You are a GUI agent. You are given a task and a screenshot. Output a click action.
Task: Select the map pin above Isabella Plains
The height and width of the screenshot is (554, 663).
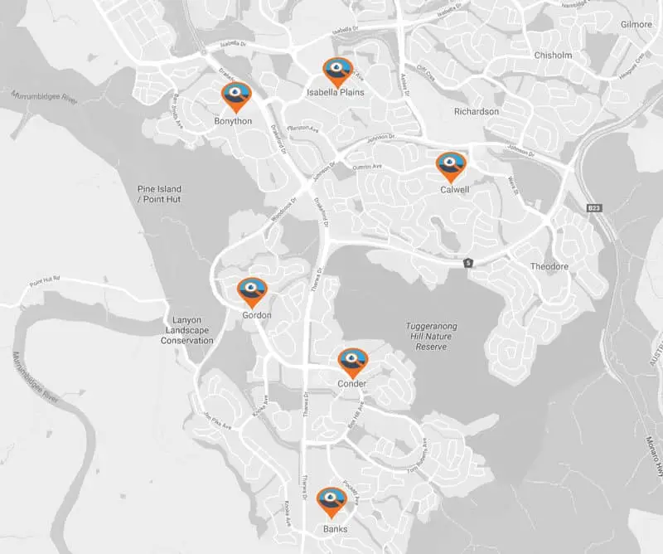point(336,70)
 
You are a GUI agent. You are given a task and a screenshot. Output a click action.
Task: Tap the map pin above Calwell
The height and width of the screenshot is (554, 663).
point(451,165)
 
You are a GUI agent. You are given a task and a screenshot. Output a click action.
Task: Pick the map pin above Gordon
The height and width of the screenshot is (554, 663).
point(252,291)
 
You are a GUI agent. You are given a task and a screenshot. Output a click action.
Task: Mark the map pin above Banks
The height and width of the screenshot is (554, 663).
point(331,501)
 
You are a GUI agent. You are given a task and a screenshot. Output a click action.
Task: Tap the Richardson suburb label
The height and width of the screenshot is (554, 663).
point(477,111)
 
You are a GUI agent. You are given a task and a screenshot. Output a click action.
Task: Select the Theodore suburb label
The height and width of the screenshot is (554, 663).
point(549,266)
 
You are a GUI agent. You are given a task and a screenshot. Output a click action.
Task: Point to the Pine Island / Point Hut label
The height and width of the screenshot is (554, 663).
point(159,194)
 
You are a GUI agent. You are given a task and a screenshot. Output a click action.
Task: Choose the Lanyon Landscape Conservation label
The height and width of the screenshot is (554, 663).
point(187,331)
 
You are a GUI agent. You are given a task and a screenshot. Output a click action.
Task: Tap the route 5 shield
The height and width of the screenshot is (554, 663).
point(468,263)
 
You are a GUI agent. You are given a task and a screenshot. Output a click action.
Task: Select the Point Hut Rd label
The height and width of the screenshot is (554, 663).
point(46,282)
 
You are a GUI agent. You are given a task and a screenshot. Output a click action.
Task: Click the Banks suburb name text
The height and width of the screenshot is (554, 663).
point(335,529)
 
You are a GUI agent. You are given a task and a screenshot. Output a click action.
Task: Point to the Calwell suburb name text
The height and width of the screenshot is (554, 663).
point(456,189)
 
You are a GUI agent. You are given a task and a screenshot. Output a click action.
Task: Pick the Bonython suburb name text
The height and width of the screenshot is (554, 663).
point(233,121)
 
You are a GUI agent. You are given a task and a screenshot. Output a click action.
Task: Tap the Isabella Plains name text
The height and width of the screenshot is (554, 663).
point(336,93)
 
